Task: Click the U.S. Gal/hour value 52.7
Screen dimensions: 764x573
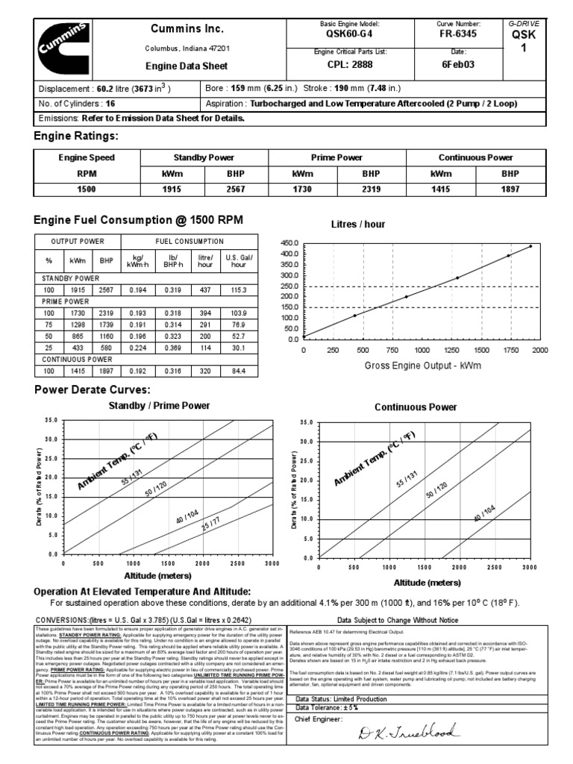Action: (x=239, y=336)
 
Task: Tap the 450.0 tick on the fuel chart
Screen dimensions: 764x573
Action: (x=288, y=244)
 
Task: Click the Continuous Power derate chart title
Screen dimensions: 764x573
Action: (x=416, y=407)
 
